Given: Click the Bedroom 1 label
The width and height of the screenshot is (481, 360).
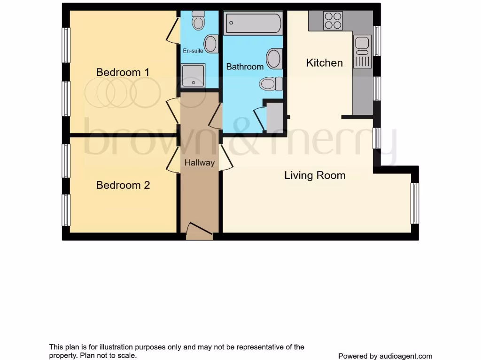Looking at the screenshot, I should click(123, 72).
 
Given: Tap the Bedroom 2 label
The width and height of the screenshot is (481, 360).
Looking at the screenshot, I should click(123, 185).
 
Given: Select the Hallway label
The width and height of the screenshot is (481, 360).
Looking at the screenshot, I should click(199, 163).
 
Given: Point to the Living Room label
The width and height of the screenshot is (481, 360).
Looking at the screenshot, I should click(315, 175).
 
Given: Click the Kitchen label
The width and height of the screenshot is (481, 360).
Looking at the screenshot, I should click(325, 62).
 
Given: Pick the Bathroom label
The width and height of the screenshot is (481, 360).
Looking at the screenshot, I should click(245, 67).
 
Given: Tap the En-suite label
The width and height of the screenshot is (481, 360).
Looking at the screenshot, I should click(193, 51).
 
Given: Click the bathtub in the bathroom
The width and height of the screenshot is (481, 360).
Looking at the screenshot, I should click(253, 22).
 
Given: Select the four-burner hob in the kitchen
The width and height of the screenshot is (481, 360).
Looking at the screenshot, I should click(333, 21).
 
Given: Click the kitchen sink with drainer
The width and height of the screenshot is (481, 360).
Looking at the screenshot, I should click(362, 52).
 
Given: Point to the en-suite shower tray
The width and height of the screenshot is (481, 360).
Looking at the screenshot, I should click(193, 76).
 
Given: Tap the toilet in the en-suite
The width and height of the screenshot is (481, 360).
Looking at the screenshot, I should click(199, 20).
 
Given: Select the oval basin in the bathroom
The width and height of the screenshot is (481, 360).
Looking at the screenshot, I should click(274, 59).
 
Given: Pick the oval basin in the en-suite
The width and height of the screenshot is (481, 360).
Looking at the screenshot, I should click(211, 44).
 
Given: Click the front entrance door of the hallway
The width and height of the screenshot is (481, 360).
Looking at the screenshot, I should click(199, 232).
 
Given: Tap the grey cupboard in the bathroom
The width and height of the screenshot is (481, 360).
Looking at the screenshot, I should click(275, 115).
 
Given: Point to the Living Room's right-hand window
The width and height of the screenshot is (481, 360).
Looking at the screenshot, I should click(415, 203).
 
